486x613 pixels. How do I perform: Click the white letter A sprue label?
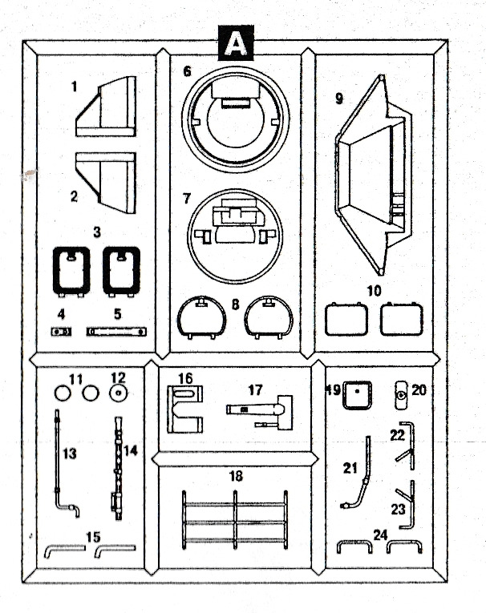236,45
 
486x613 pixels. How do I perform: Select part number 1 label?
75,87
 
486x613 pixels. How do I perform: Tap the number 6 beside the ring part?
188,71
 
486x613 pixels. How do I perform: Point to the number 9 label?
339,99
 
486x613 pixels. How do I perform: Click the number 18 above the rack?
236,476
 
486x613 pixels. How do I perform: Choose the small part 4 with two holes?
62,332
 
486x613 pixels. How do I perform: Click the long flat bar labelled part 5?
116,332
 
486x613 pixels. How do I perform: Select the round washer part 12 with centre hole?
118,393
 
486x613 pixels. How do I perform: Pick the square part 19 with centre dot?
357,395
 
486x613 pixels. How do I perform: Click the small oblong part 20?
401,395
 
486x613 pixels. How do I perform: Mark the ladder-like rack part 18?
235,521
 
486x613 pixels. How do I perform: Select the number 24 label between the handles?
380,534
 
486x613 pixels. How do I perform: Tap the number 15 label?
93,537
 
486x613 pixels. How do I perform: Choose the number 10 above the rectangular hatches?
374,291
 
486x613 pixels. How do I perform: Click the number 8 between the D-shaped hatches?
235,304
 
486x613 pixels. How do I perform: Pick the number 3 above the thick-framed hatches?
97,232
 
